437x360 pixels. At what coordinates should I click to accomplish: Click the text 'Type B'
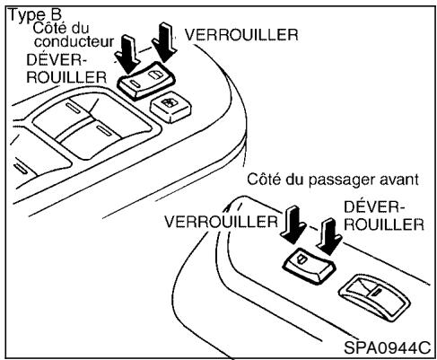pyautogui.click(x=29, y=15)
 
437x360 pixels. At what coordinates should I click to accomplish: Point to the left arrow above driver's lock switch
pyautogui.click(x=128, y=53)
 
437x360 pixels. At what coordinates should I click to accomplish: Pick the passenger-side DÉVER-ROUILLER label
pyautogui.click(x=382, y=215)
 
